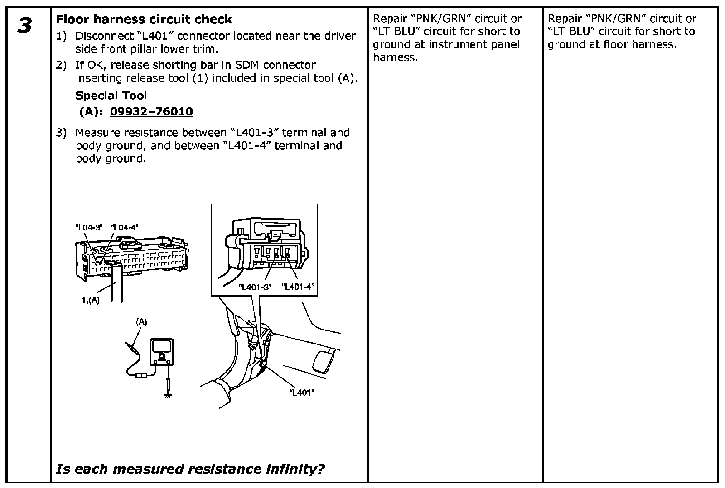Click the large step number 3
coord(24,25)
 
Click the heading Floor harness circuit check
coord(144,19)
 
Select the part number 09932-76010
coord(151,111)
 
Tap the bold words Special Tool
coord(111,96)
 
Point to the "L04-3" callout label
coord(89,228)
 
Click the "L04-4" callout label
coord(124,228)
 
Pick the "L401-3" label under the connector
coord(255,287)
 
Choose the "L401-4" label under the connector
coord(298,287)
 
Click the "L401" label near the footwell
coord(302,392)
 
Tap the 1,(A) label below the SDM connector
coord(91,300)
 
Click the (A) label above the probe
coord(142,322)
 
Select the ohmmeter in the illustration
coord(161,352)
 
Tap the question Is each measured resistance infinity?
coord(190,469)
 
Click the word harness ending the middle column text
coord(393,57)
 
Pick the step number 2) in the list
coord(61,65)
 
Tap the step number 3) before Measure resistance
coord(61,133)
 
